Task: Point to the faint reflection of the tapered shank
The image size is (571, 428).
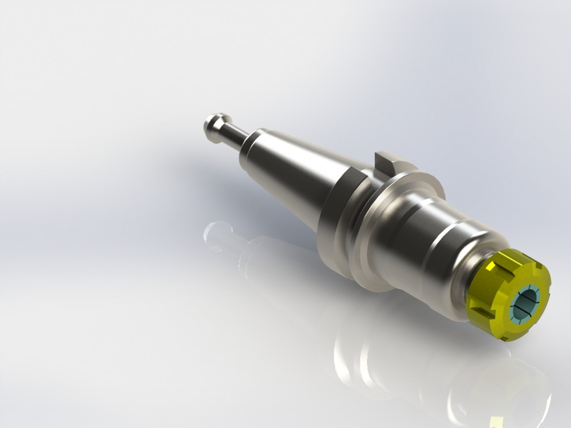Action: coord(281,267)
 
